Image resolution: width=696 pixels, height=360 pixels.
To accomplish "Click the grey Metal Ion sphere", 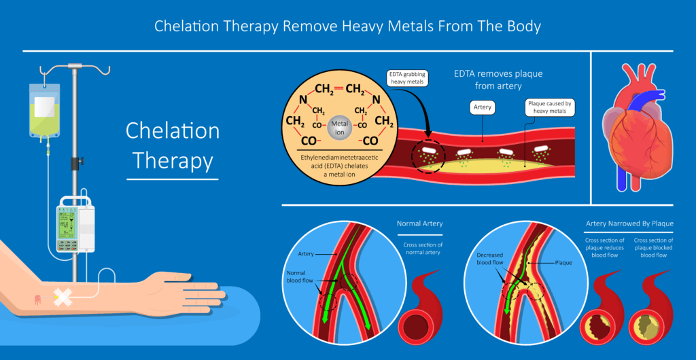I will (x=338, y=126).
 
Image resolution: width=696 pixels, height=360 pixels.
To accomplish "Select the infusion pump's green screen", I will (x=69, y=226).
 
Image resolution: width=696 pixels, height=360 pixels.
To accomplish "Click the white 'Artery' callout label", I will (x=483, y=107).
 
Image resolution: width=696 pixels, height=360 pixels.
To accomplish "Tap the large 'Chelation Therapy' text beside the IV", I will (x=172, y=145).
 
